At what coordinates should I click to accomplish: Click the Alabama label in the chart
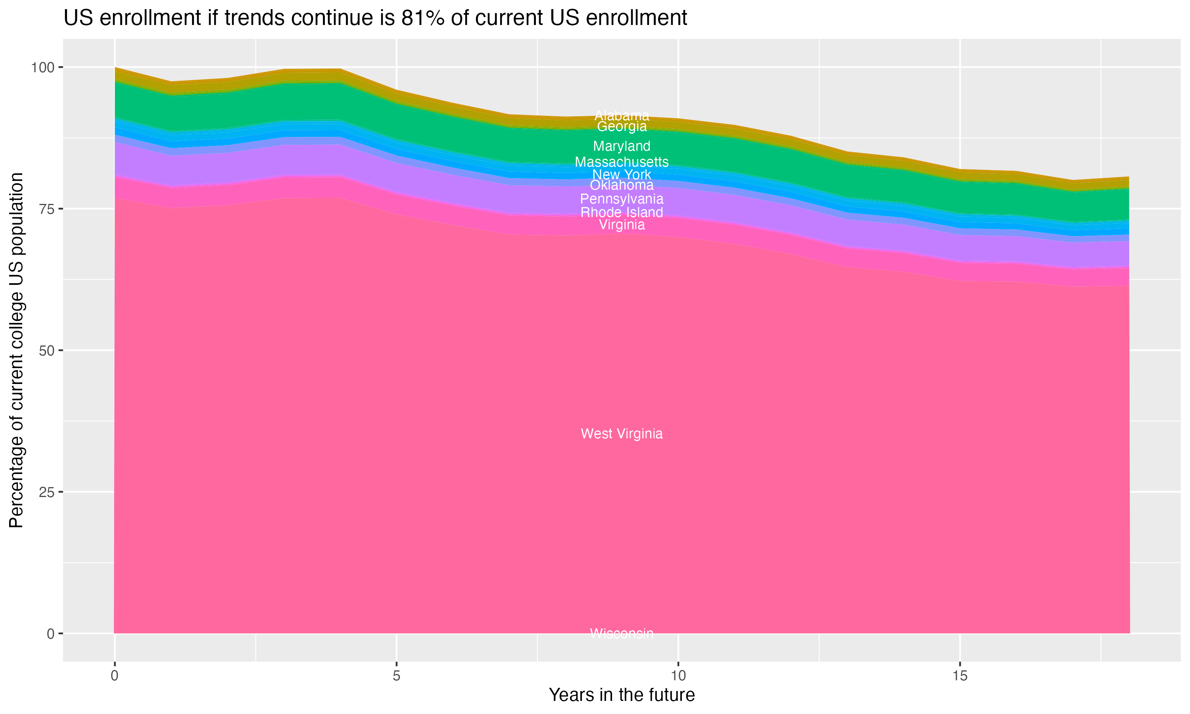point(622,115)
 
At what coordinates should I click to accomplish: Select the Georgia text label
point(622,127)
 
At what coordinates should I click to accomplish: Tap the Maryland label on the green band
point(622,146)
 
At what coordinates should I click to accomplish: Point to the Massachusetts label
point(622,162)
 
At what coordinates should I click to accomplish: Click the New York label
point(622,174)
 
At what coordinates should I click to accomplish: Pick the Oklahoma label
point(622,185)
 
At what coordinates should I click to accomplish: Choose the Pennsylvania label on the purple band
point(622,199)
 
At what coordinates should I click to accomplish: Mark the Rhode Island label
point(622,212)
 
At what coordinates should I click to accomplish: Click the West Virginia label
point(622,434)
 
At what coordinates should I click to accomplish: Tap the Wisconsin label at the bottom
point(622,633)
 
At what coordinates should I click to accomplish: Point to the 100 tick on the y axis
point(42,67)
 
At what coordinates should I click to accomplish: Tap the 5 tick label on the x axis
point(396,676)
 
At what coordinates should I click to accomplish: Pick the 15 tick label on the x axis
point(960,676)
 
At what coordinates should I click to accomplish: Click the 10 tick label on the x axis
point(678,676)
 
